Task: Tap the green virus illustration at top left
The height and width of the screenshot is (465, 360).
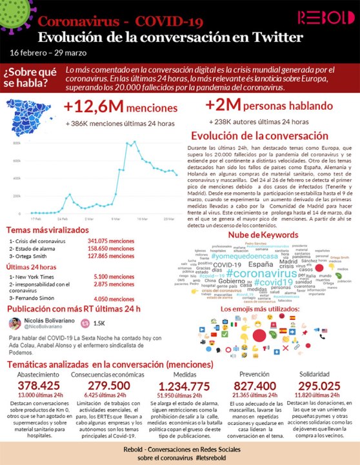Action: [14, 14]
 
